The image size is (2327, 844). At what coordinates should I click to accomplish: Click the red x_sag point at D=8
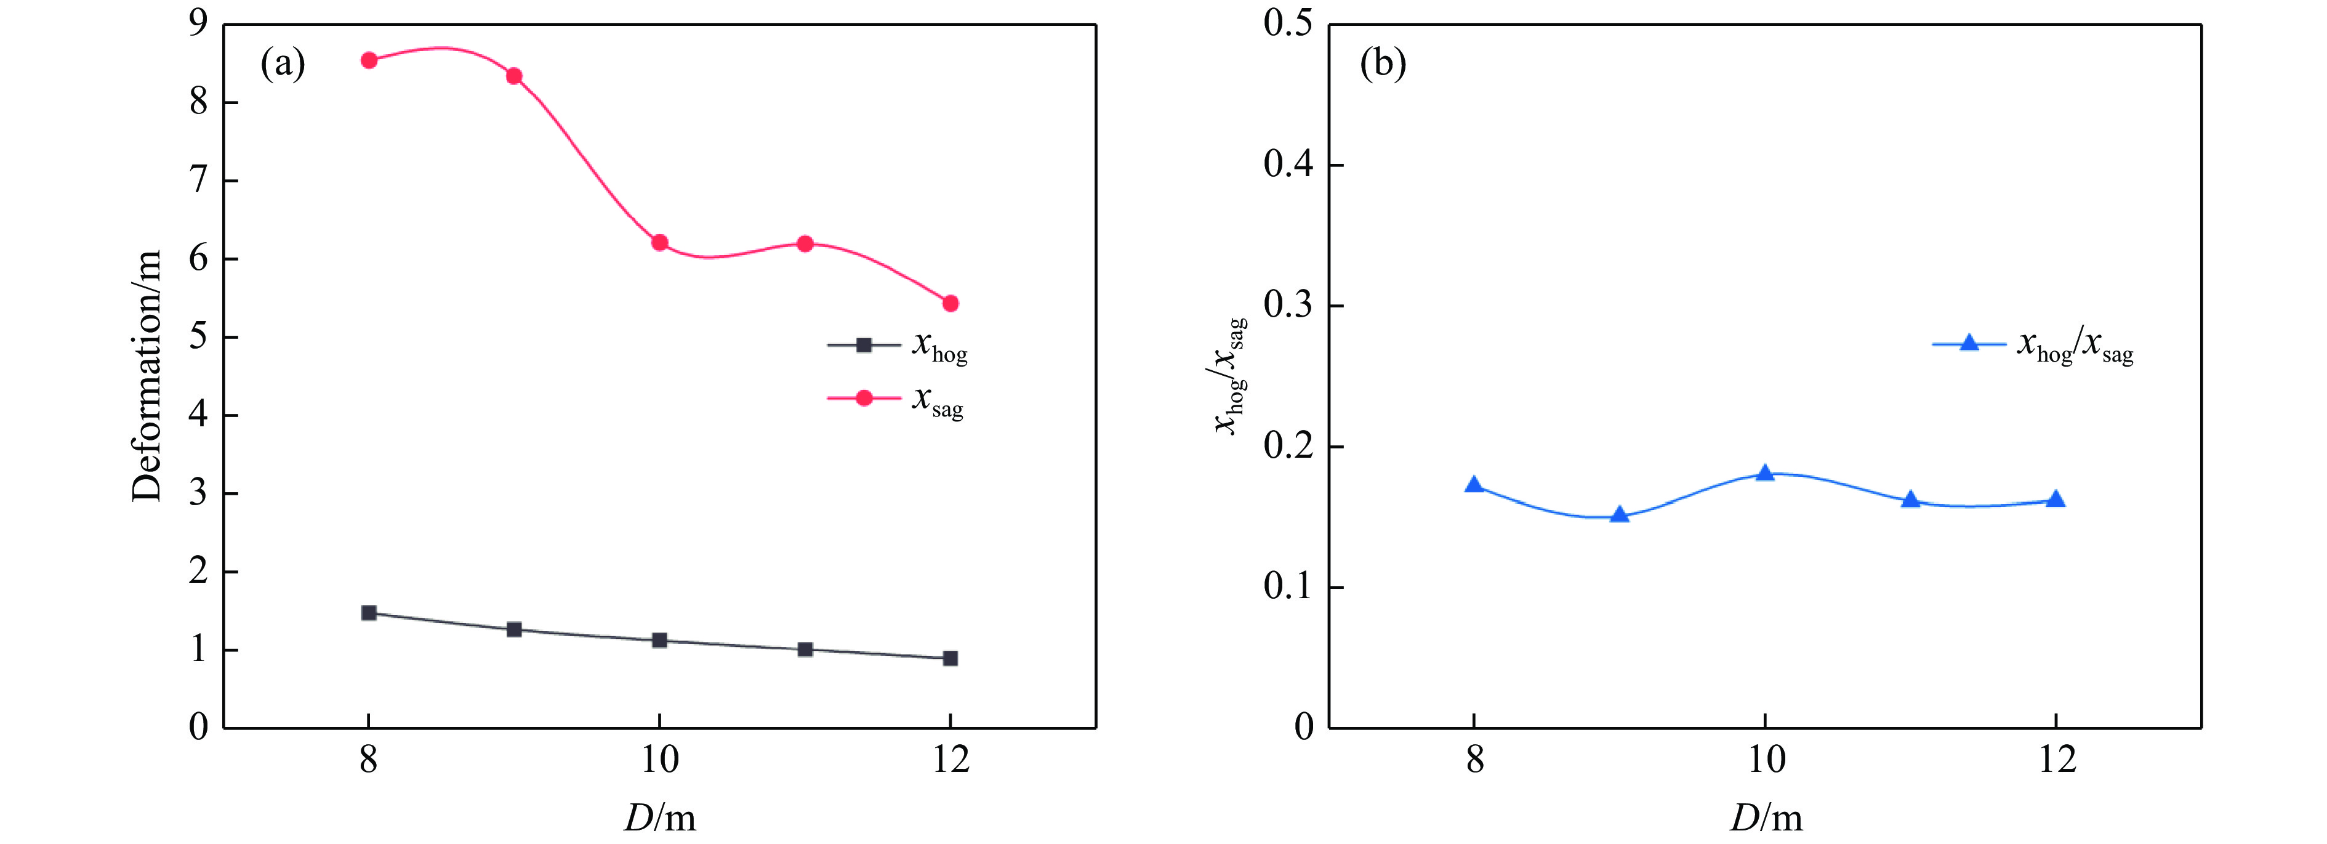(369, 60)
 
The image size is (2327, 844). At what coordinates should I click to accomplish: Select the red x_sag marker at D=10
(659, 243)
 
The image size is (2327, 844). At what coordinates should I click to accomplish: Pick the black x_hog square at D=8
(369, 612)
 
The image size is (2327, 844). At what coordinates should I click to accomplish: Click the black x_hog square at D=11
(805, 649)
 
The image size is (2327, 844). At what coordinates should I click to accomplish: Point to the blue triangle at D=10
(1765, 473)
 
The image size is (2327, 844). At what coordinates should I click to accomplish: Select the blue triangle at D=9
(1620, 515)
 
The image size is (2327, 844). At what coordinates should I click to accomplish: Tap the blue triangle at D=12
(2055, 500)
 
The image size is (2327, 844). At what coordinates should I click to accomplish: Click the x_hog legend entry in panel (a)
(898, 345)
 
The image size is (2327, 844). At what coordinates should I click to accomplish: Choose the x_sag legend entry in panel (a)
(896, 399)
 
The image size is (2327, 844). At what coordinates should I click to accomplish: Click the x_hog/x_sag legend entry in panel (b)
(2033, 345)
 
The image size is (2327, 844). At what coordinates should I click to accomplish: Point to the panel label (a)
(283, 63)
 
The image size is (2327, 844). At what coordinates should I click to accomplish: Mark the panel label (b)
(1383, 63)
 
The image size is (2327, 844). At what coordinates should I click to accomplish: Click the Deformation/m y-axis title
(147, 375)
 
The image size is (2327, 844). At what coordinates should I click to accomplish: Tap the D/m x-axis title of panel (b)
(1766, 818)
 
